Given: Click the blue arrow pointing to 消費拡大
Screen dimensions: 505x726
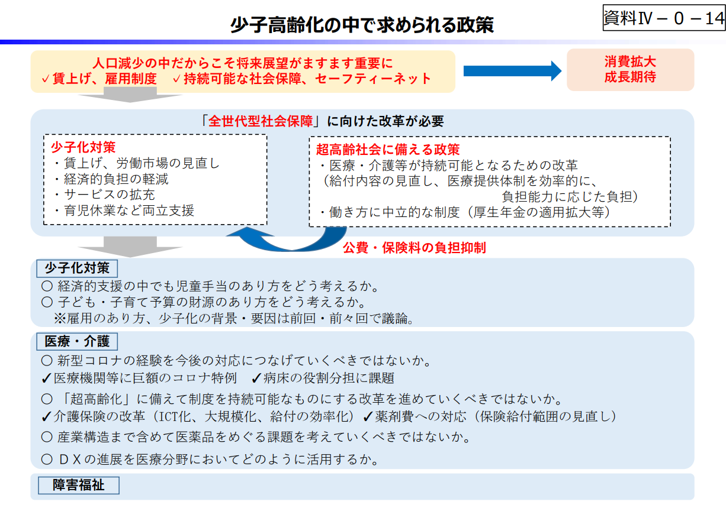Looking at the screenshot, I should (x=512, y=71).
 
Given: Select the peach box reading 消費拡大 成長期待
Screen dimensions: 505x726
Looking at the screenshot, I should (x=630, y=70).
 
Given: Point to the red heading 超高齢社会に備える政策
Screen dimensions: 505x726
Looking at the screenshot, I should (x=388, y=150).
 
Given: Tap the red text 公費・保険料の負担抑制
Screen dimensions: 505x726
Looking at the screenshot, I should (x=415, y=248).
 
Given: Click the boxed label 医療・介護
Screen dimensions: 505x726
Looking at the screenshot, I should (x=77, y=341).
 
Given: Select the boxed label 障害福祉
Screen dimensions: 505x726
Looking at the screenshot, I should (x=79, y=485).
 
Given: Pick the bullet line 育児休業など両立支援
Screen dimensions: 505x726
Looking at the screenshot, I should (x=124, y=210).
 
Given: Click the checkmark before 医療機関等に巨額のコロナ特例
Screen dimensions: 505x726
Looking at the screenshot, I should (x=47, y=378).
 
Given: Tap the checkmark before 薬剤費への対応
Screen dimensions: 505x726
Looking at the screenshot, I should (x=367, y=416).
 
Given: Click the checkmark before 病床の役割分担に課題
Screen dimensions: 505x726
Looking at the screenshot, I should (x=256, y=378).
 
